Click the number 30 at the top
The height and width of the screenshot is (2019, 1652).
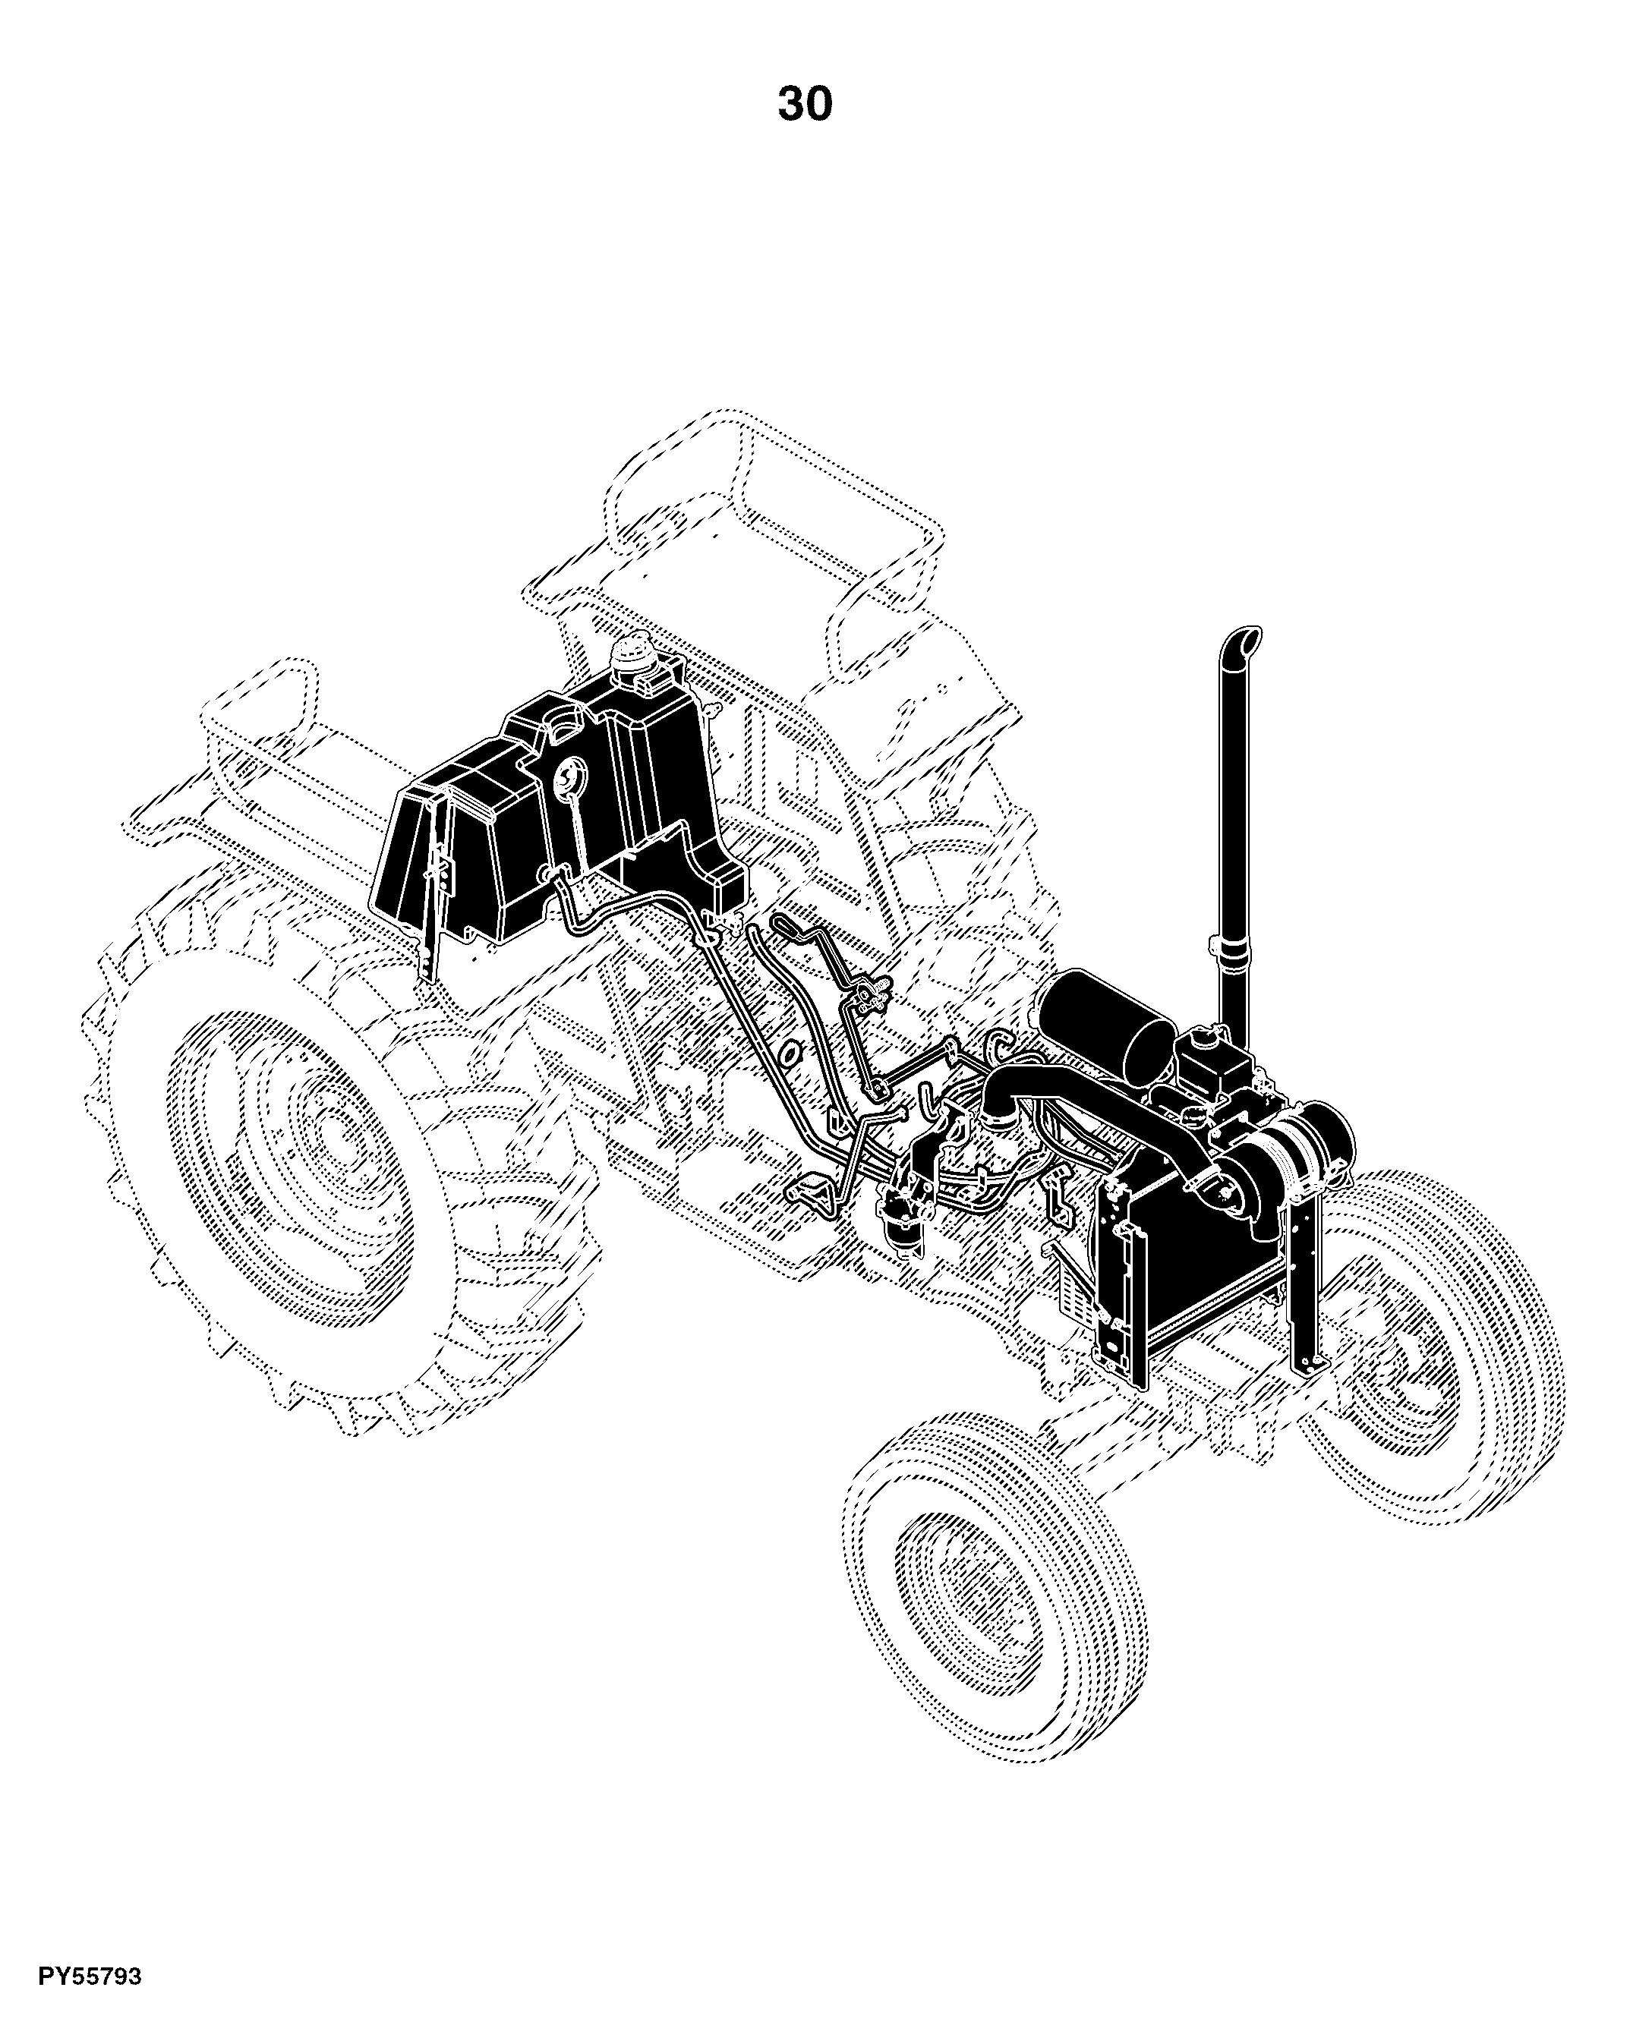(805, 104)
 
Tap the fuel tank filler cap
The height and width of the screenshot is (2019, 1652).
(633, 656)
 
